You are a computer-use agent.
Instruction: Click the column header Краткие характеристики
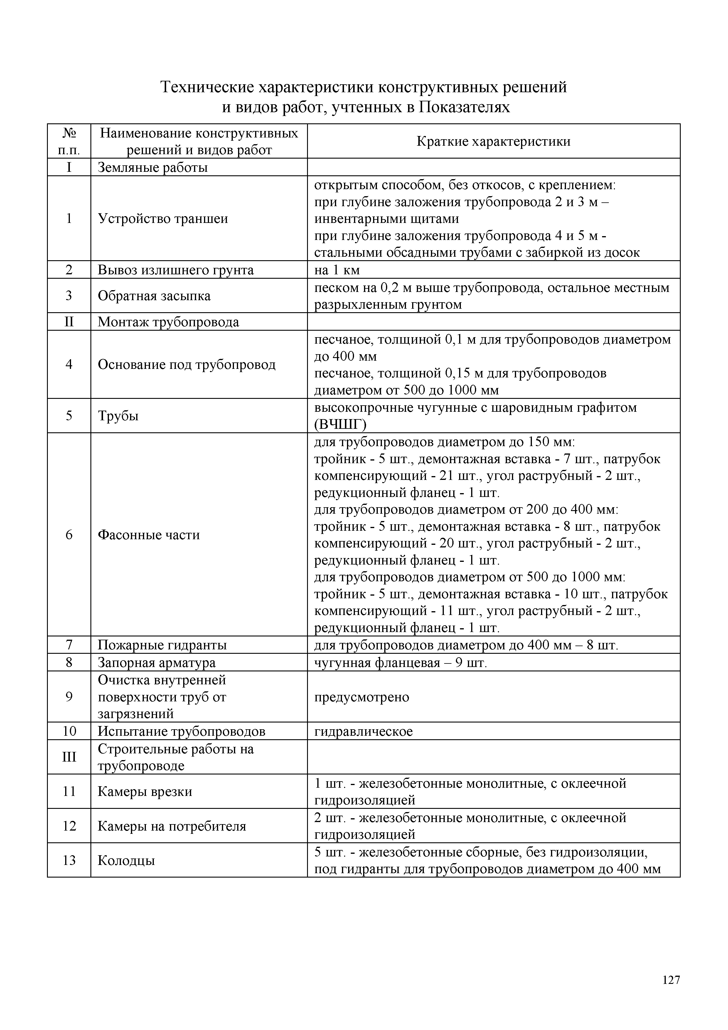pyautogui.click(x=493, y=141)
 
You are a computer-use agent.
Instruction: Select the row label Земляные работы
pyautogui.click(x=152, y=167)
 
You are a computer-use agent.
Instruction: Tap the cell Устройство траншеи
pyautogui.click(x=163, y=219)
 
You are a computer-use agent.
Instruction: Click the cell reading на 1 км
pyautogui.click(x=337, y=270)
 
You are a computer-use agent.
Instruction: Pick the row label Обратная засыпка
pyautogui.click(x=154, y=296)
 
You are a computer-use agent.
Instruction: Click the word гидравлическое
pyautogui.click(x=363, y=732)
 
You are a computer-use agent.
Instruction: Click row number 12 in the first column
pyautogui.click(x=69, y=826)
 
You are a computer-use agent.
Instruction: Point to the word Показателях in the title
pyautogui.click(x=464, y=107)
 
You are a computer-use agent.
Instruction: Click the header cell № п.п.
pyautogui.click(x=69, y=141)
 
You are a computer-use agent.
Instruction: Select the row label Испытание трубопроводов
pyautogui.click(x=181, y=732)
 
